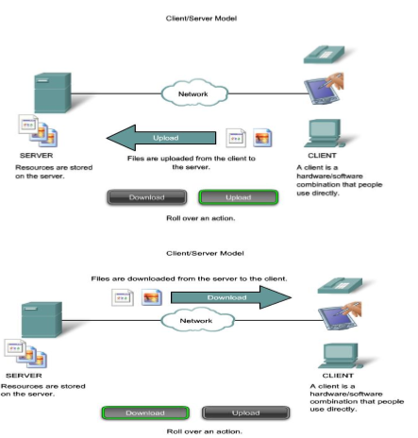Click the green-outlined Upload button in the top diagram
(239, 197)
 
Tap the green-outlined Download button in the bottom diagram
(145, 413)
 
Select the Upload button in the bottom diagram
(245, 413)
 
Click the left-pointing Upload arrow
(161, 138)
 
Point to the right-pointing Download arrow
(231, 297)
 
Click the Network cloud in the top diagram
(194, 93)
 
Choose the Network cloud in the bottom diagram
(197, 320)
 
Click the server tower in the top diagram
(53, 93)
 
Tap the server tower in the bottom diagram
(42, 320)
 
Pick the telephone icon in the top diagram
(324, 55)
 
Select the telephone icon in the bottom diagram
(340, 285)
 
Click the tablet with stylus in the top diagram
(324, 89)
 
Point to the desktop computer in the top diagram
(325, 133)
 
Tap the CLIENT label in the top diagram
(322, 156)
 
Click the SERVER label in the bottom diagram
(24, 376)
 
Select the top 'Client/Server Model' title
(201, 19)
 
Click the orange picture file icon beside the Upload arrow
(262, 138)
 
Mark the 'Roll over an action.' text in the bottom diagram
(204, 431)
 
